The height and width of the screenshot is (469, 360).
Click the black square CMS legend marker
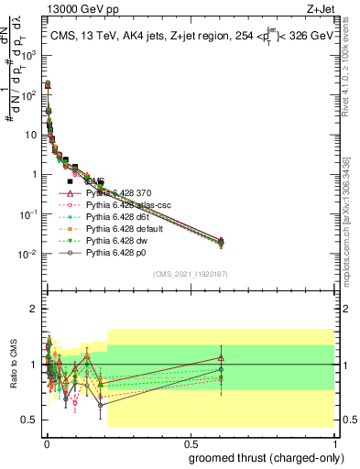(x=70, y=181)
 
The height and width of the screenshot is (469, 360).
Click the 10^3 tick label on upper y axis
(x=29, y=55)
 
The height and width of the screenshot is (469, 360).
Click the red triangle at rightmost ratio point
(x=221, y=358)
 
